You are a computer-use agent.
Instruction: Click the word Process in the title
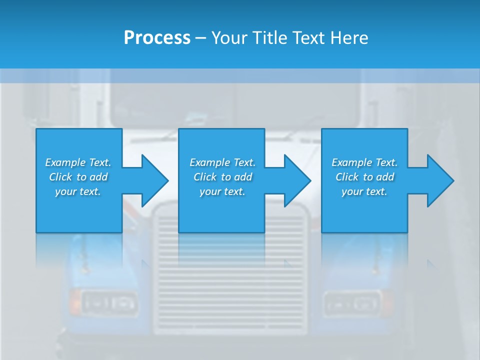(157, 37)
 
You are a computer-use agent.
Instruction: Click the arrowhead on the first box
(152, 180)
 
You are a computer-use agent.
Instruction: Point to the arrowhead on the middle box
(294, 180)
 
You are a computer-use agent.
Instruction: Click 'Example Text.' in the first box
(78, 162)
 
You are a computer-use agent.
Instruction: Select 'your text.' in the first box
(78, 191)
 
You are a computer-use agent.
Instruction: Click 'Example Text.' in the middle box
(222, 162)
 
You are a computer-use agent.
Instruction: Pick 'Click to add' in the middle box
(222, 177)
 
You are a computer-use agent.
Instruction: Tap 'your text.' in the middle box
(222, 191)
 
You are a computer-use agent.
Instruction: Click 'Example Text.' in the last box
(364, 162)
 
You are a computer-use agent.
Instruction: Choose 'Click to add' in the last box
(364, 177)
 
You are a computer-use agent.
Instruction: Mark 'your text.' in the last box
(364, 191)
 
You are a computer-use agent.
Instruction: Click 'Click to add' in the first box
(78, 177)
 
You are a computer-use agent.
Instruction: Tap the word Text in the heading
(309, 37)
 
